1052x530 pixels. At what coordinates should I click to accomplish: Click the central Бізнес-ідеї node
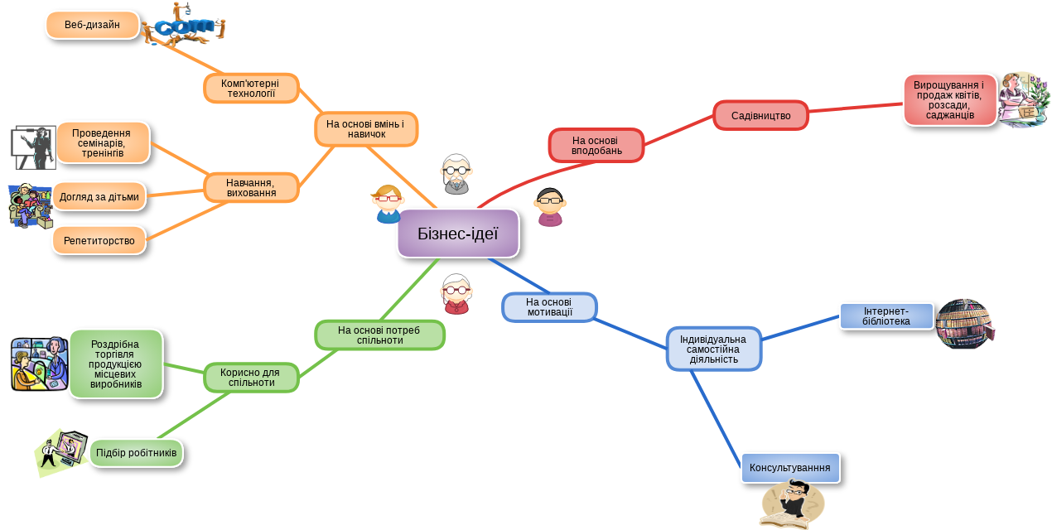click(x=458, y=233)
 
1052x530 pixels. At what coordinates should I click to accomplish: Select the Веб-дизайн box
click(x=92, y=25)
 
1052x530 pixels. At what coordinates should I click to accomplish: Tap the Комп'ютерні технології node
click(x=251, y=88)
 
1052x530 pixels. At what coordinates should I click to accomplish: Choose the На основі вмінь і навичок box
click(x=366, y=129)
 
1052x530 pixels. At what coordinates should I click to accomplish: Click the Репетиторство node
click(x=99, y=240)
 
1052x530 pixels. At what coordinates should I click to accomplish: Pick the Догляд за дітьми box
click(x=99, y=197)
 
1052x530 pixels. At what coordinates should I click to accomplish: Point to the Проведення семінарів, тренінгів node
click(x=103, y=142)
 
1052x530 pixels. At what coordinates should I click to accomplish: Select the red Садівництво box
click(x=760, y=115)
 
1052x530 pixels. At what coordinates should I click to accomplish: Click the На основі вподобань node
click(x=596, y=145)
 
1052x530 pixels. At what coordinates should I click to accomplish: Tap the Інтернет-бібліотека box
click(x=886, y=316)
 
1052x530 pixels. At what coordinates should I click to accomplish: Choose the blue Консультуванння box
click(x=790, y=468)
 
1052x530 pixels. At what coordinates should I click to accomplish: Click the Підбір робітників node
click(x=137, y=453)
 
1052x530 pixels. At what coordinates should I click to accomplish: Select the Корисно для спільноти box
click(x=251, y=378)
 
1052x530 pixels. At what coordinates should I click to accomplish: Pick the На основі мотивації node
click(x=549, y=306)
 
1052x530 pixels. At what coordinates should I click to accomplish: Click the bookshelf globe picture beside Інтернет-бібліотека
click(x=964, y=324)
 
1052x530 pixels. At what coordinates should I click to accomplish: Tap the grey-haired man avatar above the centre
click(x=456, y=174)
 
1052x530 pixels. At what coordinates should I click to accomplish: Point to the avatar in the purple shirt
click(x=549, y=208)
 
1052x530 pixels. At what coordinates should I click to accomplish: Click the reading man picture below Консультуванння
click(x=792, y=505)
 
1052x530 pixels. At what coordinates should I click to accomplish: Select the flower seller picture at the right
click(x=1024, y=99)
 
